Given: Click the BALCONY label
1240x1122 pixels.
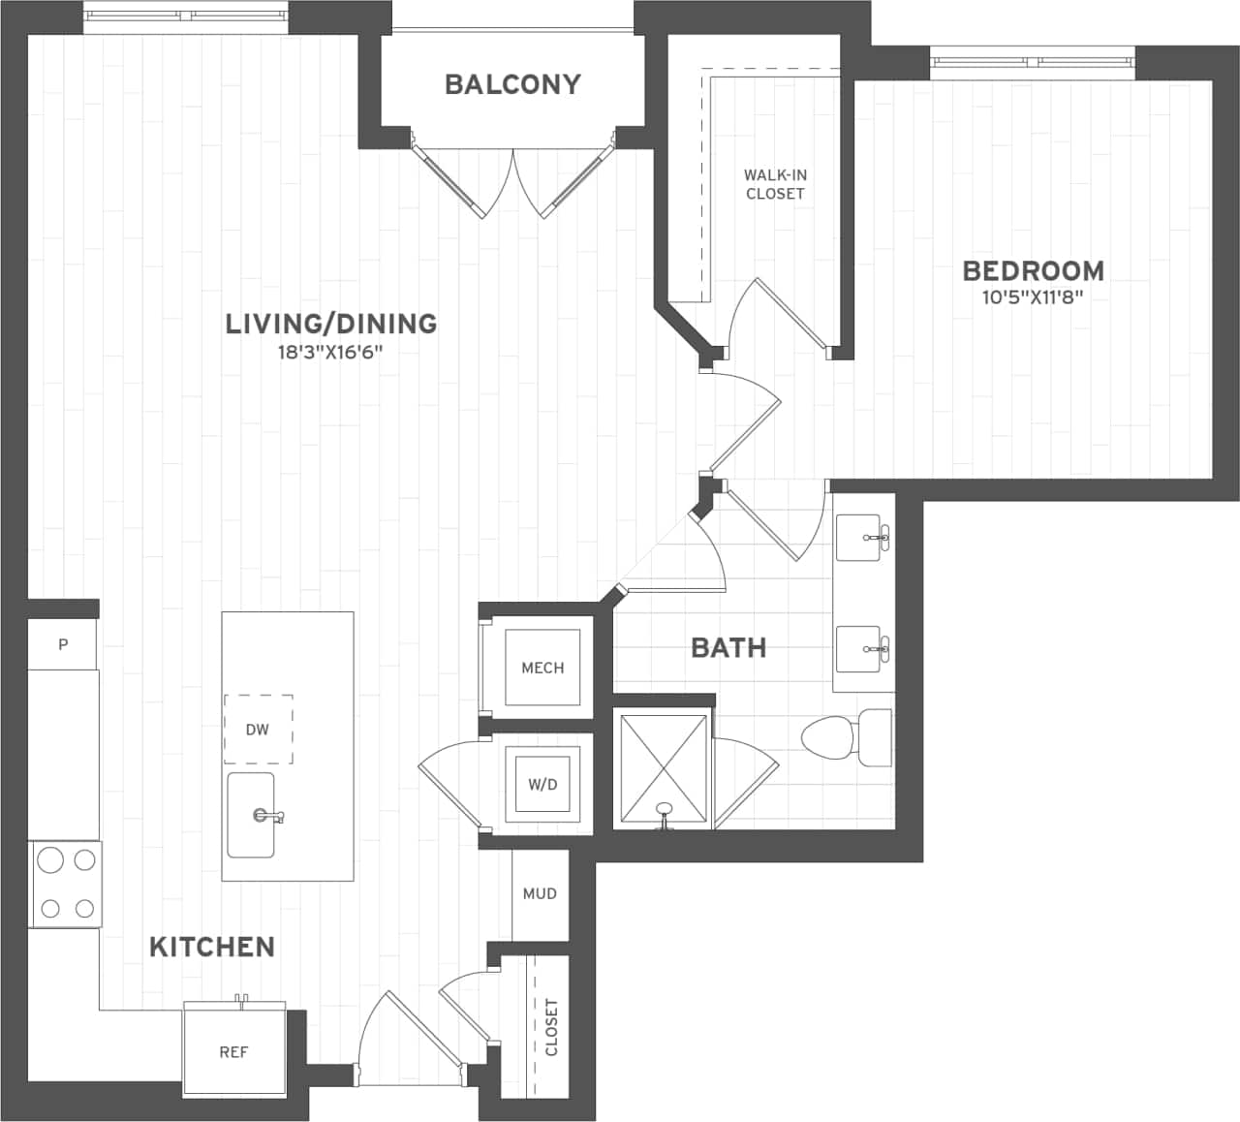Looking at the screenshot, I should (511, 84).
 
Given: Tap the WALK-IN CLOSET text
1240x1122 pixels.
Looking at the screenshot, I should (775, 184).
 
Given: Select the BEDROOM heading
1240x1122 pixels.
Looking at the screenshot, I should (1032, 270).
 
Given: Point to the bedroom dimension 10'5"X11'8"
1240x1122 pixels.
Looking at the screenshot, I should (1032, 298).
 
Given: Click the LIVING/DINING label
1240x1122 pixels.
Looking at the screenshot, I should (330, 323).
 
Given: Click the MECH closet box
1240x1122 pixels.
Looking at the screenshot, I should (542, 668).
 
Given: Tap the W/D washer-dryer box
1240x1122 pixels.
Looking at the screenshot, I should (542, 783).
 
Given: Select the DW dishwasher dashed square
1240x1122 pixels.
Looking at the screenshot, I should (258, 730).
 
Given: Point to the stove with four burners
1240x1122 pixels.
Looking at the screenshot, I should (65, 884).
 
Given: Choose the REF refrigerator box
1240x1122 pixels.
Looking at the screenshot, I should (233, 1051).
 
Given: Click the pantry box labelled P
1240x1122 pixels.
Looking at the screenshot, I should (63, 644).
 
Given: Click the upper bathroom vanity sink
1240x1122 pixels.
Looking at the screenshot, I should (863, 538).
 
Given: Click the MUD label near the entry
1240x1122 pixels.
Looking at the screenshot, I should (540, 893).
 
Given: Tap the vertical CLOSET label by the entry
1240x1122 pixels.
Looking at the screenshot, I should (551, 1027).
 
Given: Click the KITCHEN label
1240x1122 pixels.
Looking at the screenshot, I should (212, 947).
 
